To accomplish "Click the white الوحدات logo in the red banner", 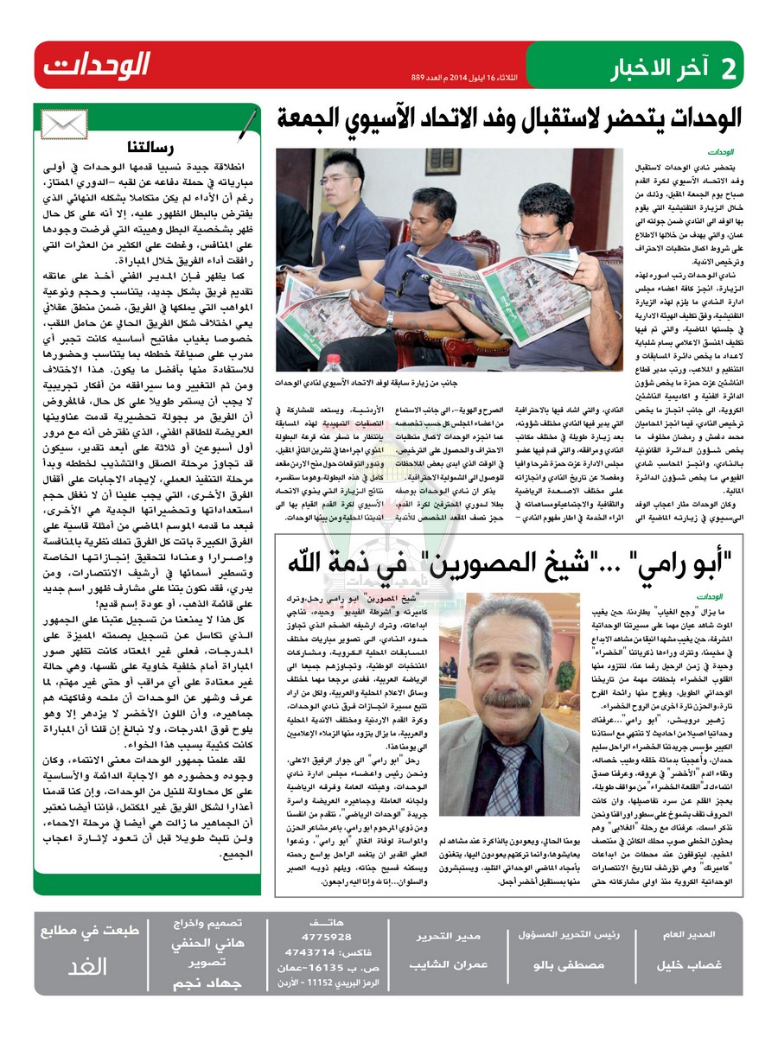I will [x=97, y=65].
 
